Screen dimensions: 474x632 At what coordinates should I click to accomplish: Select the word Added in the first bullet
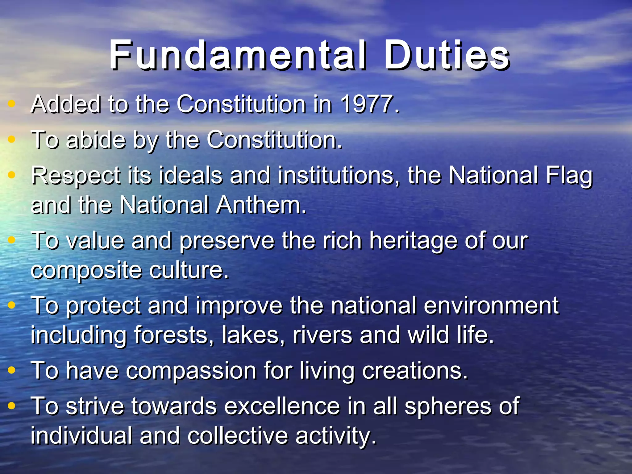(x=66, y=104)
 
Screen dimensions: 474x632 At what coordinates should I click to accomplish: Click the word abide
(x=96, y=140)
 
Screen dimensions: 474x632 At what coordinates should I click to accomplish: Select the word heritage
(x=413, y=241)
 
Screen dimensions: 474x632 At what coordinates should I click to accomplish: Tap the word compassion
(x=191, y=371)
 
